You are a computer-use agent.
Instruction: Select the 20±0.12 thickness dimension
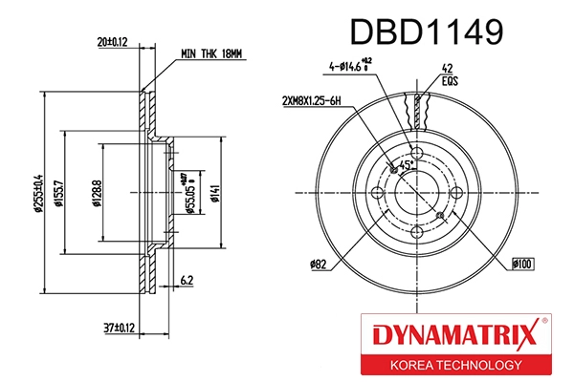(x=113, y=42)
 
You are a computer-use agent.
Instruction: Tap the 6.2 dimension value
(x=188, y=280)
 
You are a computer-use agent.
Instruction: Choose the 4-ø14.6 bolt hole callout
(x=352, y=67)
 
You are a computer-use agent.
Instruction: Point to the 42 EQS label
(x=446, y=75)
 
